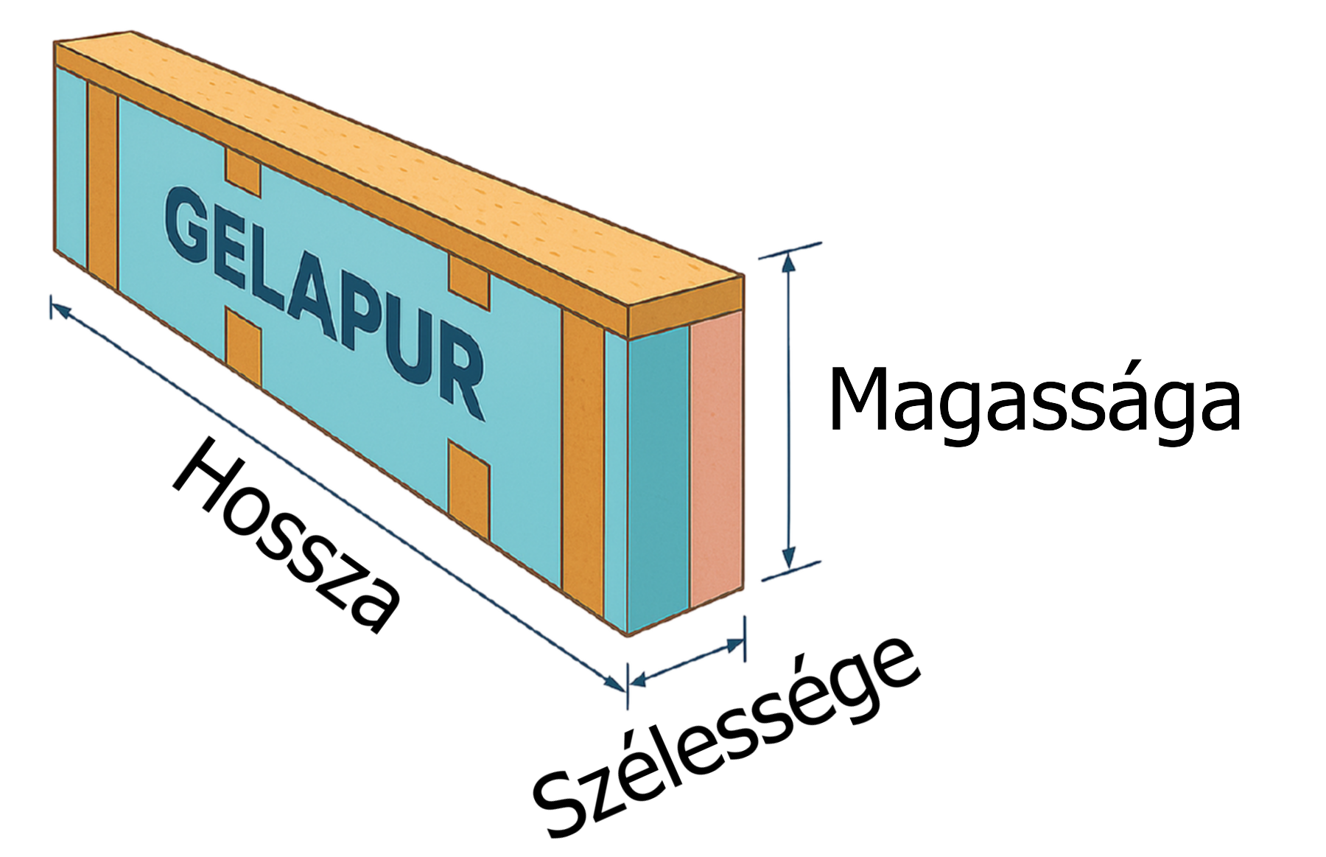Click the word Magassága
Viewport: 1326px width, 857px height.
coord(1035,402)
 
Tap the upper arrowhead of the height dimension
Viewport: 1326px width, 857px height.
coord(790,262)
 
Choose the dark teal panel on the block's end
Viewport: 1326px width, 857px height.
coord(658,479)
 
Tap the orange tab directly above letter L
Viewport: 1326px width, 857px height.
coord(242,171)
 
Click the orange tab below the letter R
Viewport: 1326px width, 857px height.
coord(469,486)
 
